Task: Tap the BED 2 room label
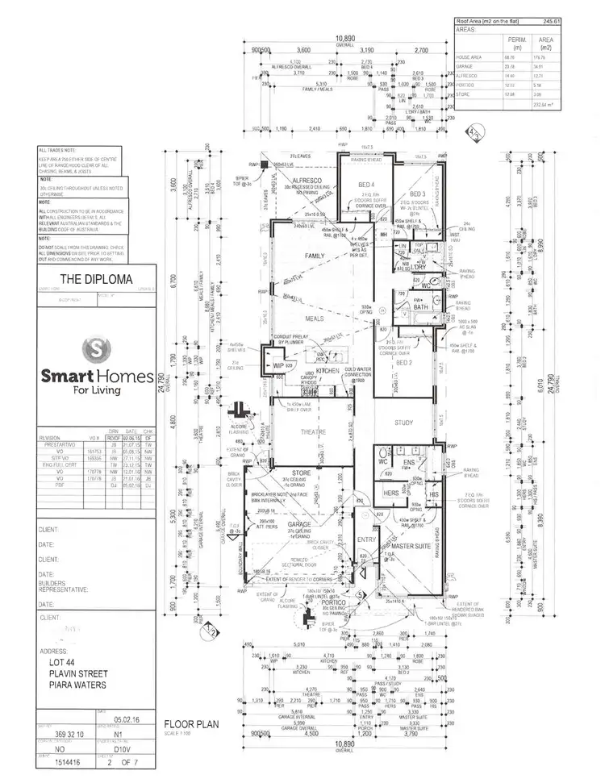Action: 404,364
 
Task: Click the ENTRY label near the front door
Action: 366,539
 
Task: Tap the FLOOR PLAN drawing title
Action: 190,723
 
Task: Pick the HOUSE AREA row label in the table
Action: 469,57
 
